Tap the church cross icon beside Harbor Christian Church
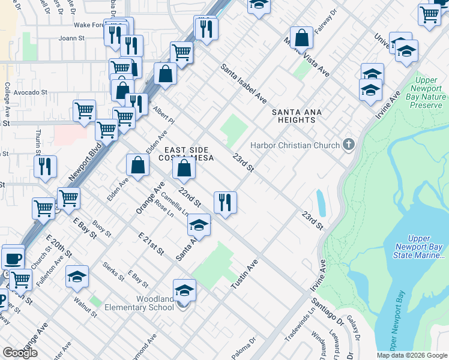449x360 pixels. coord(348,145)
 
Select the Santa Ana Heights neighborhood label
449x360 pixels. coord(297,116)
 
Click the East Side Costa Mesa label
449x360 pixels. coord(186,154)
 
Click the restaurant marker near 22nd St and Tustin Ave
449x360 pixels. coord(225,203)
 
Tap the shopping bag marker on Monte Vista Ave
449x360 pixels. coord(301,38)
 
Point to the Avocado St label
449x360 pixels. coord(31,92)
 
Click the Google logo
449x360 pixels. coord(20,353)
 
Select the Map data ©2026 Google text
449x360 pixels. coord(411,355)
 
